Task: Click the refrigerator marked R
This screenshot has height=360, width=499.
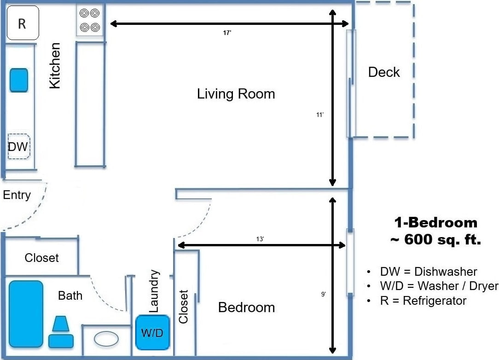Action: pos(23,23)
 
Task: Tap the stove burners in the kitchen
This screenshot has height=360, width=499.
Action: pos(90,20)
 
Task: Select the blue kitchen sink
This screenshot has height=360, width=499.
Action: pos(19,80)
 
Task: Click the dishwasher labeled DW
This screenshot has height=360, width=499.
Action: pos(19,146)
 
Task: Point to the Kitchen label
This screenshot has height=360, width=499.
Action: pos(55,65)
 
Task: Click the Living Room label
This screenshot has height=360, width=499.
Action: pos(236,94)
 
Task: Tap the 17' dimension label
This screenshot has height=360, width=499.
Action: pos(227,33)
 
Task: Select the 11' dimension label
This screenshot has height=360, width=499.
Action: pos(320,115)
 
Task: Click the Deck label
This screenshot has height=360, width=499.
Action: pos(384,72)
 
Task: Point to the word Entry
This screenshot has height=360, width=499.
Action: pos(17,195)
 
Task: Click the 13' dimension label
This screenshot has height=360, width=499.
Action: pos(260,239)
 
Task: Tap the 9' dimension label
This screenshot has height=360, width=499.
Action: pos(323,295)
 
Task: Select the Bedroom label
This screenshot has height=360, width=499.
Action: pos(246,308)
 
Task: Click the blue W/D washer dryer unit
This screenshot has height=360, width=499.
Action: pos(152,333)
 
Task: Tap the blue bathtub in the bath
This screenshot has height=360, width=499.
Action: pos(26,314)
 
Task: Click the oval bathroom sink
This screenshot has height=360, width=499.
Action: pos(106,339)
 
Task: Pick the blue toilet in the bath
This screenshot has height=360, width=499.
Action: pos(61,332)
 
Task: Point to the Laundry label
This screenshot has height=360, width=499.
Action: pos(154,291)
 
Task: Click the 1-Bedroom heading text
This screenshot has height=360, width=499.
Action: pos(435,223)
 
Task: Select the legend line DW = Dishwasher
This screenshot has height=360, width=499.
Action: pos(429,272)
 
